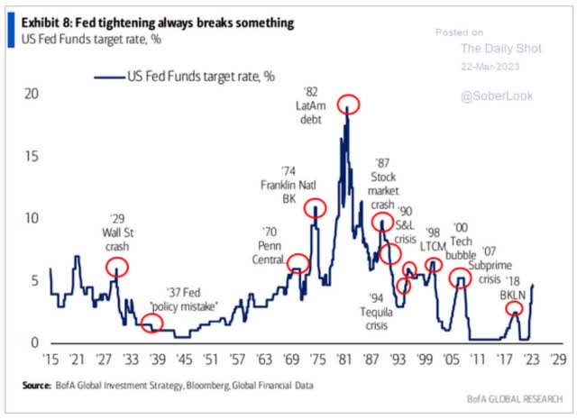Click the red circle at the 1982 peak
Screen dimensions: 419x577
point(349,105)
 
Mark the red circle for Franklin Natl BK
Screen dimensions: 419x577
point(315,210)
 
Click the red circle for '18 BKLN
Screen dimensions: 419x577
point(514,308)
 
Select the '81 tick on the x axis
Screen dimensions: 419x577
point(343,358)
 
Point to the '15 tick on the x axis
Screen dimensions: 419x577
point(50,358)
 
